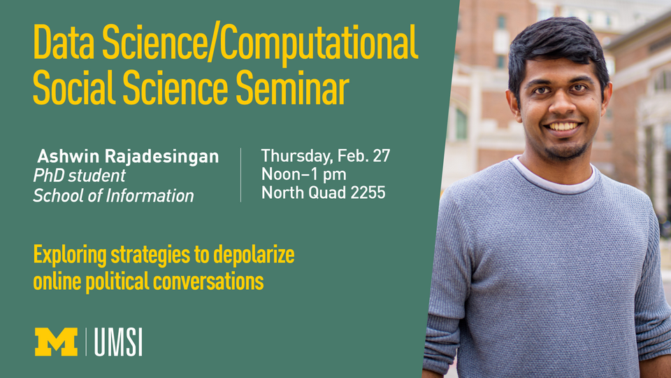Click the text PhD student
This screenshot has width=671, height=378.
(x=79, y=176)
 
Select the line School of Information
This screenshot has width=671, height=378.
(x=113, y=196)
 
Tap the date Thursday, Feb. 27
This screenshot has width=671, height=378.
(x=325, y=155)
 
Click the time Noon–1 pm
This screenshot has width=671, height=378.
(x=303, y=174)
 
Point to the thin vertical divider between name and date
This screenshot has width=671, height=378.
(x=241, y=175)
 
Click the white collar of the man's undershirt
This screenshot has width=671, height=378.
(x=552, y=174)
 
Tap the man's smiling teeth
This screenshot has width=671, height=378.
(x=563, y=127)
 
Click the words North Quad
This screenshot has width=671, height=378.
(x=303, y=192)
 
